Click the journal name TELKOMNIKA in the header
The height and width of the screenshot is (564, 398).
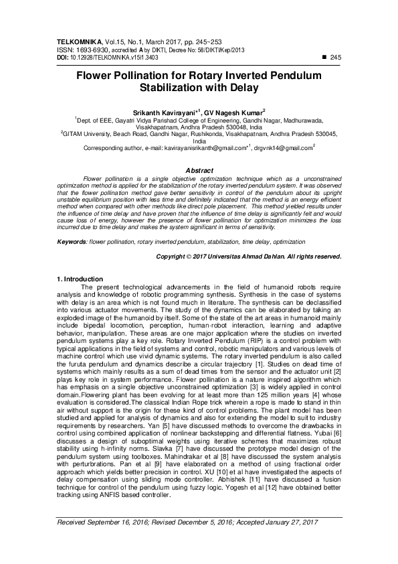77,42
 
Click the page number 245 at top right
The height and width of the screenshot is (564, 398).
336,58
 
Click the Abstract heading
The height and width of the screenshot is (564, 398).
199,171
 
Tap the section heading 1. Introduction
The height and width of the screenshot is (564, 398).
80,279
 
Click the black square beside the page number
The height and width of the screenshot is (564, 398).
324,58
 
